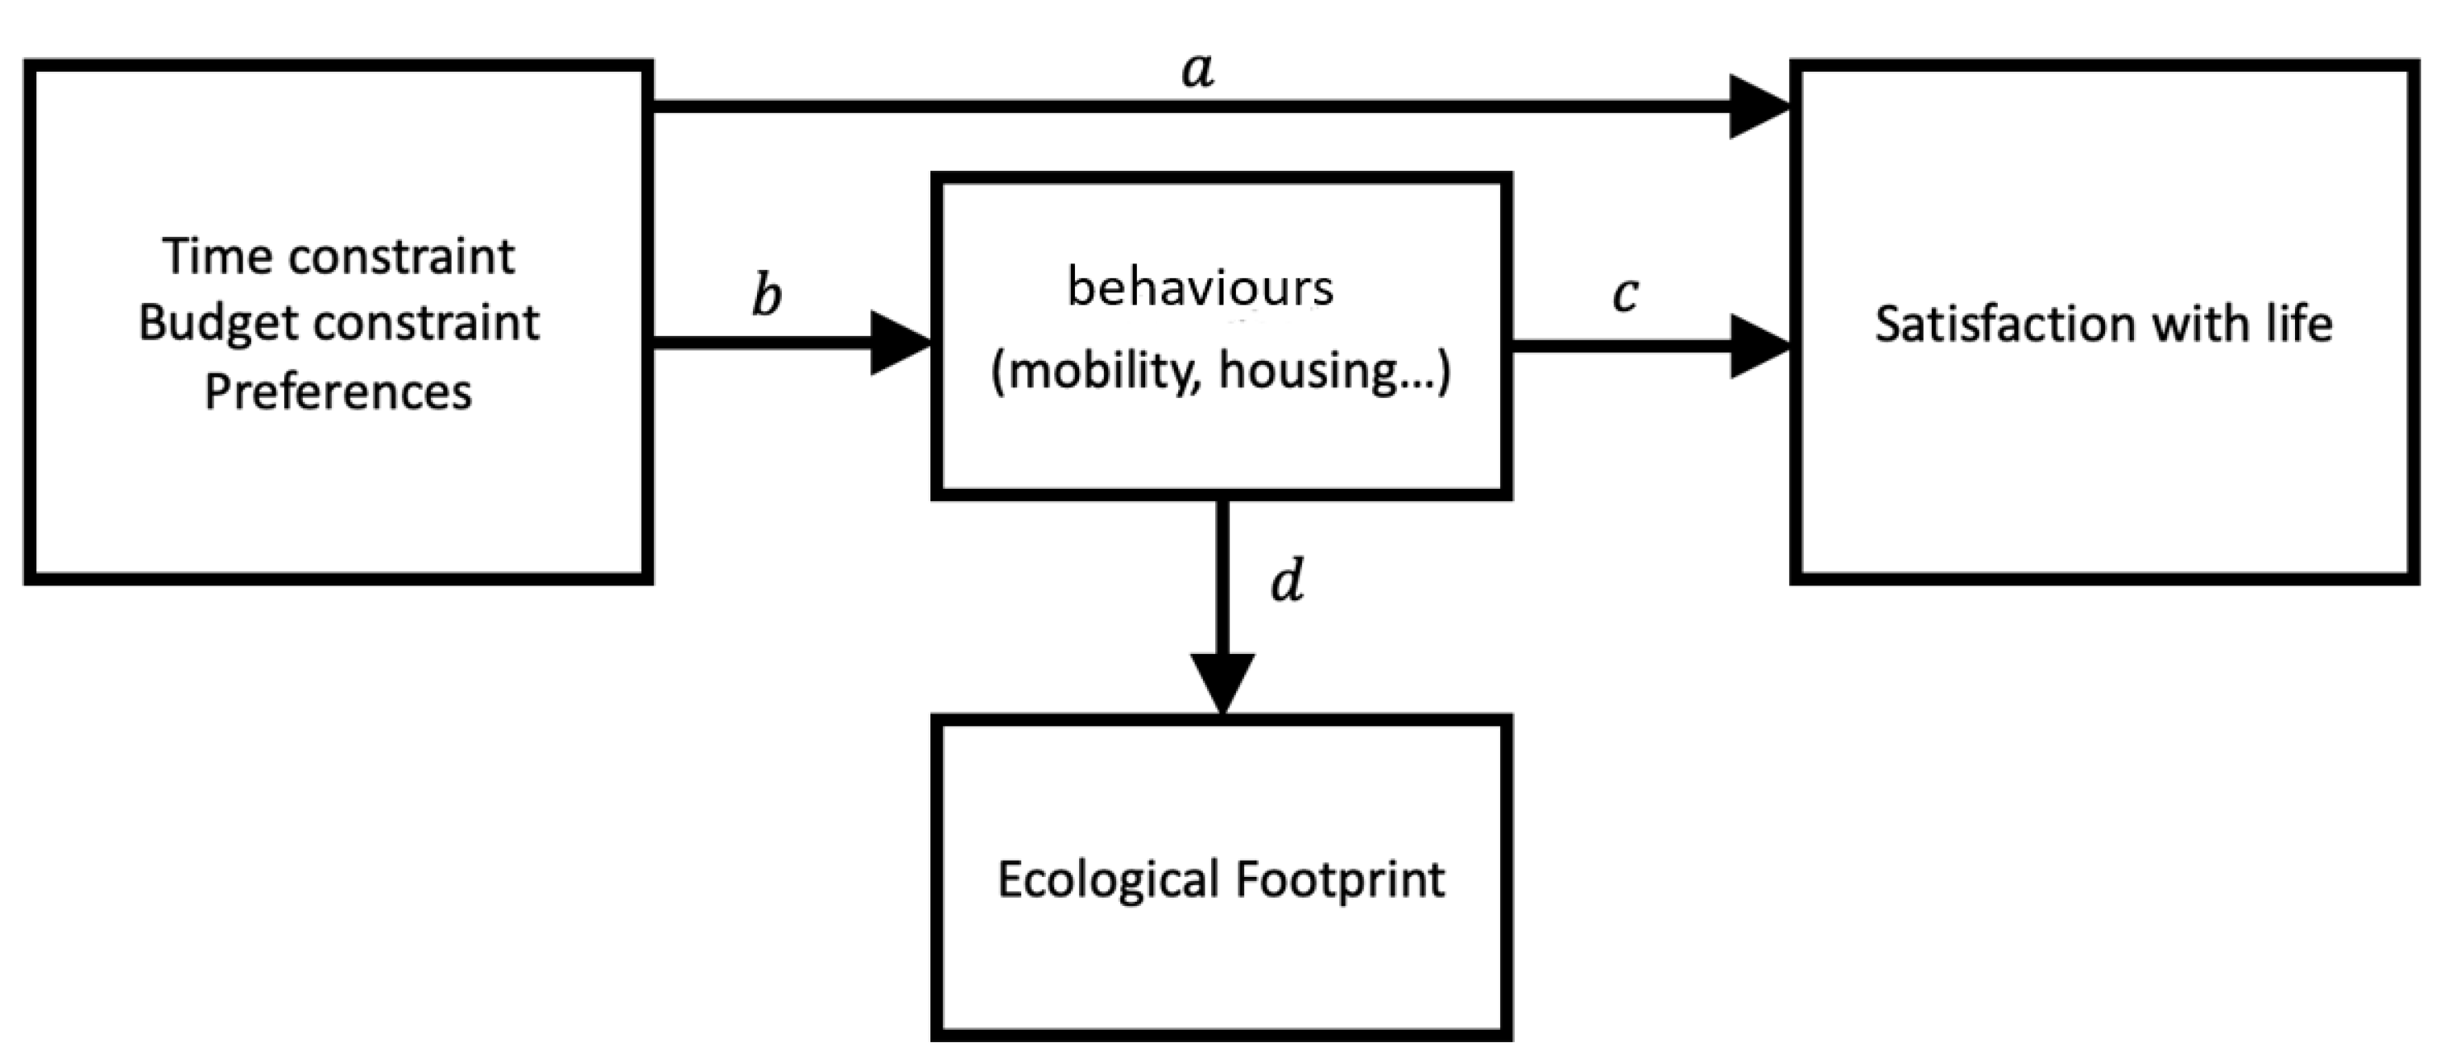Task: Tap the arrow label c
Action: click(1625, 294)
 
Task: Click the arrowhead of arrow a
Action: click(1759, 107)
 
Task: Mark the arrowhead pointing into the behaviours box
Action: click(901, 344)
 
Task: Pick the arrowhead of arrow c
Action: click(1759, 346)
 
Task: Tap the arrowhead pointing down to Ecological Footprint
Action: click(1222, 683)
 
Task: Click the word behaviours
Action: click(1200, 287)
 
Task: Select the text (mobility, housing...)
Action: click(1220, 370)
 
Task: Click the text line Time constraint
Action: click(338, 256)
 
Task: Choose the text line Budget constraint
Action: click(338, 324)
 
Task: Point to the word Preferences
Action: click(338, 391)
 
